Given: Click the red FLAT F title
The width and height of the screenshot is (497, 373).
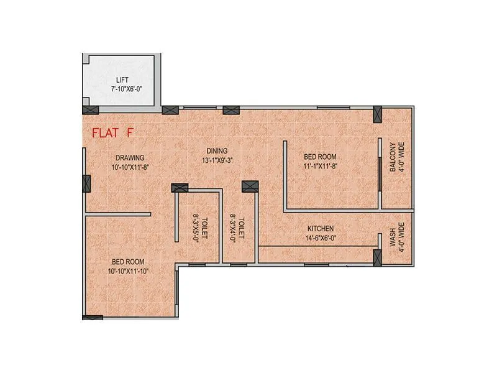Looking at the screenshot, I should coord(112,132).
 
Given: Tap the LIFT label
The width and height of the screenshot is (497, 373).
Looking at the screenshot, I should coord(122,80).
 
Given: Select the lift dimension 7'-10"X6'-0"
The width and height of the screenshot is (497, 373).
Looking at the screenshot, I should coord(122,90).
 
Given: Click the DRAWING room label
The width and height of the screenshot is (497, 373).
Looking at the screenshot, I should coord(128,158).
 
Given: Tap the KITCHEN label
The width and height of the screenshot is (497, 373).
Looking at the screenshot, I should coord(320,228).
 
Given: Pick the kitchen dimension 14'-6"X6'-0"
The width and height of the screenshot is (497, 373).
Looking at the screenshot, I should coord(320,237).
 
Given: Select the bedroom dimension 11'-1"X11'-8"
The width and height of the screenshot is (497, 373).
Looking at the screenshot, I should coord(320,166).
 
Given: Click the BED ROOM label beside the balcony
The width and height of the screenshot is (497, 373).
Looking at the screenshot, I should coord(320,157).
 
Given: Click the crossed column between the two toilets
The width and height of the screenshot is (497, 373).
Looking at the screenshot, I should coord(250,186).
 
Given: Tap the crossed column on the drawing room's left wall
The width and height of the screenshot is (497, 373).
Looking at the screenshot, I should coord(86,183).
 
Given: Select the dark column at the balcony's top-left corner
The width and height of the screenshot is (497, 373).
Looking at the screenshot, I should coord(376,114).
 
